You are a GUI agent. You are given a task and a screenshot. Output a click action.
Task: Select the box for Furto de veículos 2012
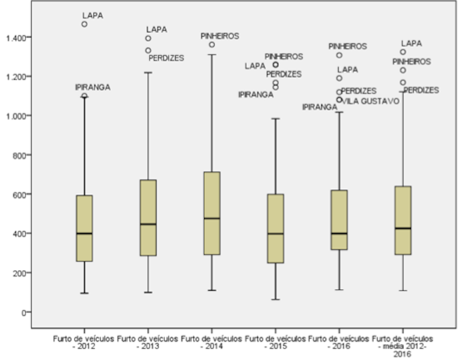coord(85,228)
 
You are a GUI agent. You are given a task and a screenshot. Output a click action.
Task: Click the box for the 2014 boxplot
coord(212,213)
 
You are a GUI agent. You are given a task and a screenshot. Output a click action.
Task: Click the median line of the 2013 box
coord(148,224)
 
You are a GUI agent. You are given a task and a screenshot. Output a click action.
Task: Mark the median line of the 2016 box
coord(340,233)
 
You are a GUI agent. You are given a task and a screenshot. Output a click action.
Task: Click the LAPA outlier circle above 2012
coord(85,24)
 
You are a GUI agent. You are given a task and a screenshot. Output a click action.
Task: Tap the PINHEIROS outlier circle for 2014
coord(212,44)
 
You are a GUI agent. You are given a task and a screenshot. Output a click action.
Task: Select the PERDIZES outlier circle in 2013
coord(148,50)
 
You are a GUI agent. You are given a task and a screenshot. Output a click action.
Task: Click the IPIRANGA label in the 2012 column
coord(93,87)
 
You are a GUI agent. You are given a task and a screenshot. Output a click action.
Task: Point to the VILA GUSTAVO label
coord(371,101)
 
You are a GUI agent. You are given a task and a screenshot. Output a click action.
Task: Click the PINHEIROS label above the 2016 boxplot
coord(347,46)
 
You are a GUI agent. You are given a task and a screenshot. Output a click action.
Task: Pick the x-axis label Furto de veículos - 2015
coord(275,342)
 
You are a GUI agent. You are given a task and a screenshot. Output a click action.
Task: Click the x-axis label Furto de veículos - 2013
coord(148,342)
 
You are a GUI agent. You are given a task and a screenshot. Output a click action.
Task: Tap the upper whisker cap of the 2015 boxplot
coord(275,119)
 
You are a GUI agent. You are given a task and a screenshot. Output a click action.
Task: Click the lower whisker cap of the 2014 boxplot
coord(212,290)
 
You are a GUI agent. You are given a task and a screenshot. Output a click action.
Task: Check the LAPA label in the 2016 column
coord(347,69)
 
